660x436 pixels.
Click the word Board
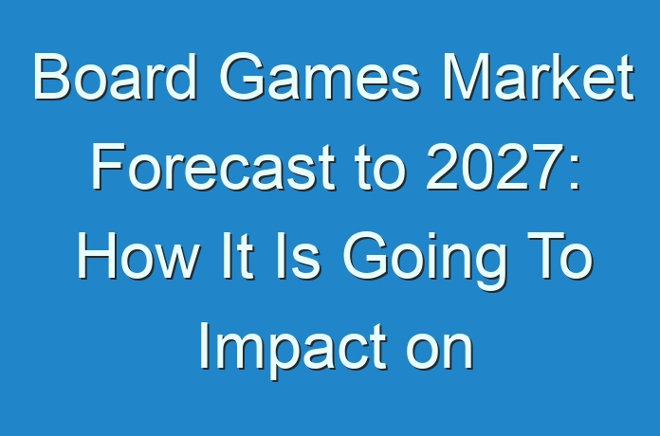click(x=115, y=77)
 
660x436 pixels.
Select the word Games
click(x=320, y=77)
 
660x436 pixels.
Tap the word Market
click(x=538, y=77)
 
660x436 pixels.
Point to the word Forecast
click(x=213, y=166)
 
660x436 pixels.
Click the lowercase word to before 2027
click(x=380, y=167)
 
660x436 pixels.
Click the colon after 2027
click(x=574, y=173)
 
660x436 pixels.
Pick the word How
click(x=137, y=256)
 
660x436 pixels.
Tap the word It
click(x=238, y=256)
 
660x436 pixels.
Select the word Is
click(x=298, y=256)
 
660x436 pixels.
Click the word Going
click(x=425, y=261)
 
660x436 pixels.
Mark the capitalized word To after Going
click(x=559, y=256)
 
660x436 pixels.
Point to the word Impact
click(x=293, y=351)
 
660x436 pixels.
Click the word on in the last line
click(x=440, y=353)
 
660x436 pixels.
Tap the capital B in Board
click(x=51, y=77)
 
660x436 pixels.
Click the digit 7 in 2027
click(x=544, y=166)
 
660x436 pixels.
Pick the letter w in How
click(x=176, y=262)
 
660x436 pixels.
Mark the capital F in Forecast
click(x=108, y=166)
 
